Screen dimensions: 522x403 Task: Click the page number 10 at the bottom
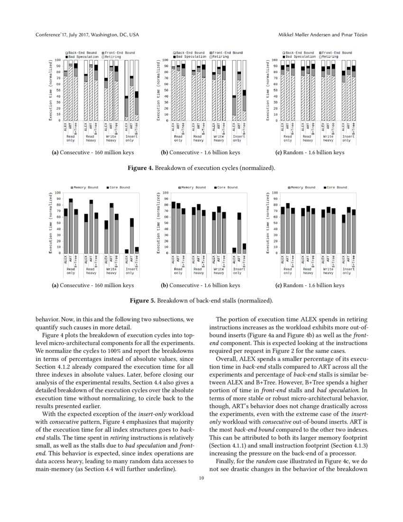click(x=201, y=478)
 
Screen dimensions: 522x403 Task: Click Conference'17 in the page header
click(x=53, y=36)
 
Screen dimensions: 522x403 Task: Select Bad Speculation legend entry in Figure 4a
click(x=81, y=56)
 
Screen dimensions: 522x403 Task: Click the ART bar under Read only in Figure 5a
click(x=71, y=226)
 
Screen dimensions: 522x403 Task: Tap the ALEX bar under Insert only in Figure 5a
click(x=127, y=251)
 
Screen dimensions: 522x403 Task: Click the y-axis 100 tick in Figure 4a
click(x=58, y=60)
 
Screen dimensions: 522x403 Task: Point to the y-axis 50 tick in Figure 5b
click(x=165, y=223)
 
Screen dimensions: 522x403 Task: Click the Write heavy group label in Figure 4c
click(x=328, y=138)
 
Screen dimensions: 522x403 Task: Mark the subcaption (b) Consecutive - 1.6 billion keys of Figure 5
click(x=201, y=285)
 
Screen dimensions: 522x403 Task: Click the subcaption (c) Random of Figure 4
click(x=309, y=152)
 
